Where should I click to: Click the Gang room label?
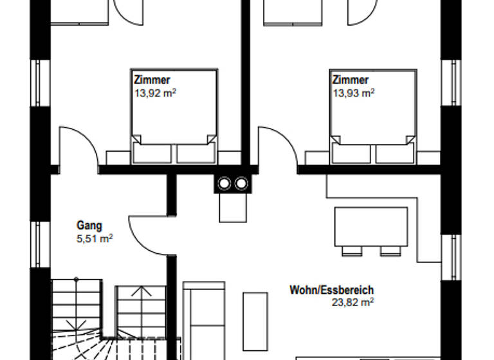pyautogui.click(x=89, y=226)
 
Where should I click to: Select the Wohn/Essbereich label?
pyautogui.click(x=331, y=290)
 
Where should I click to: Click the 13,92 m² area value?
pyautogui.click(x=155, y=93)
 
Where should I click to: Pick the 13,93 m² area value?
pyautogui.click(x=353, y=93)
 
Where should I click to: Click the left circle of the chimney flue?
pyautogui.click(x=224, y=184)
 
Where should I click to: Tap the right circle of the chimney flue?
pyautogui.click(x=241, y=184)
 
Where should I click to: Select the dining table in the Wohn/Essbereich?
pyautogui.click(x=370, y=226)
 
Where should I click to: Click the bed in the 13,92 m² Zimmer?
pyautogui.click(x=174, y=116)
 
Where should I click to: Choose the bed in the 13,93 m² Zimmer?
pyautogui.click(x=372, y=116)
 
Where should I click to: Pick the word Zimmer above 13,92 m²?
pyautogui.click(x=152, y=80)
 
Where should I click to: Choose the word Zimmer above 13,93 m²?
pyautogui.click(x=351, y=80)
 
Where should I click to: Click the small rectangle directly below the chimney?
pyautogui.click(x=232, y=207)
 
